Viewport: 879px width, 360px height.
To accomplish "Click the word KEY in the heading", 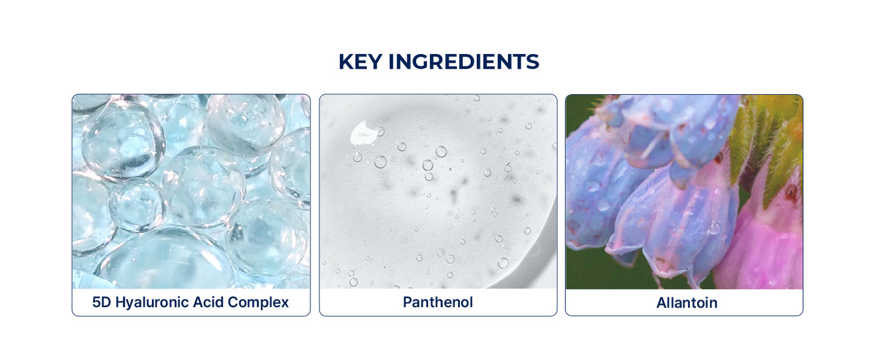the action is [360, 62].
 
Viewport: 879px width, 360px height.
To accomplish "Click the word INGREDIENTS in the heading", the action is [464, 62].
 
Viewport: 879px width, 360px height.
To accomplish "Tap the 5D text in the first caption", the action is [102, 302].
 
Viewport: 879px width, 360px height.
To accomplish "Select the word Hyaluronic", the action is [152, 303].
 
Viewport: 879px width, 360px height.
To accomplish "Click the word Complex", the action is [258, 303].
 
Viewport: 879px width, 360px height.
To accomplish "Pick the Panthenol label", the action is [438, 302].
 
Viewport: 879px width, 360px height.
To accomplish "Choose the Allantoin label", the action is [687, 303].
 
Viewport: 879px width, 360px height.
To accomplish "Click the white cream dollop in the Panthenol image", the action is [364, 133].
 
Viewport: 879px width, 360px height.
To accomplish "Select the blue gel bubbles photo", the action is [191, 192].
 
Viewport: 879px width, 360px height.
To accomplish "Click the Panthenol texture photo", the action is [438, 192].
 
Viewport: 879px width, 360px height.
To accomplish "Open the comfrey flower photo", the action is [684, 192].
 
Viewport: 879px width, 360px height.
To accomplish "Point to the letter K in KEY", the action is [346, 62].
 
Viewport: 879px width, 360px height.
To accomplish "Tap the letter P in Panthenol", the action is [408, 302].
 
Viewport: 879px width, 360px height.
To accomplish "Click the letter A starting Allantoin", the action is [662, 303].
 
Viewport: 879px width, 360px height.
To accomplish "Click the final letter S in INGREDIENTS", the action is [532, 62].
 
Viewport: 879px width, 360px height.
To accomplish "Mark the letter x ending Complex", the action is [285, 303].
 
